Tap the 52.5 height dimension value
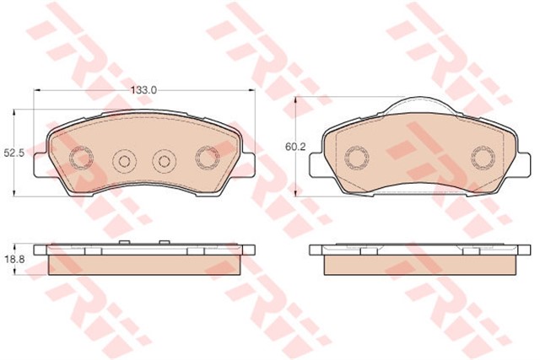coord(13,153)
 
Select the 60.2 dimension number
coord(294,148)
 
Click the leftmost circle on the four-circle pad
coord(82,157)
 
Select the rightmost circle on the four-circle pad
coord(206,157)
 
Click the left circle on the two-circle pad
coord(356,158)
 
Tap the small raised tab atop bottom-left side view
coord(123,243)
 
